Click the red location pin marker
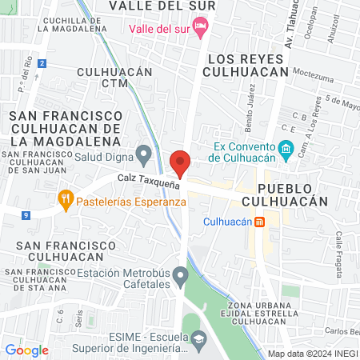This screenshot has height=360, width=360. click(x=181, y=163)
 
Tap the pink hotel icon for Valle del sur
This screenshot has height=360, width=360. click(x=199, y=29)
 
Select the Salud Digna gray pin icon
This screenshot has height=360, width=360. click(x=144, y=152)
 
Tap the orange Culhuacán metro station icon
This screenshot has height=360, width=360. click(x=259, y=222)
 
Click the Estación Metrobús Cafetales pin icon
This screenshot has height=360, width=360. click(x=182, y=277)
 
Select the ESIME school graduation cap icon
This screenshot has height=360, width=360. click(x=197, y=339)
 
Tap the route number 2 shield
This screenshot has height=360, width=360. click(x=42, y=62)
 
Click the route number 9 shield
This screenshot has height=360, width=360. click(x=26, y=214)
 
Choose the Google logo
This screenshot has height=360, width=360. click(x=26, y=350)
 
